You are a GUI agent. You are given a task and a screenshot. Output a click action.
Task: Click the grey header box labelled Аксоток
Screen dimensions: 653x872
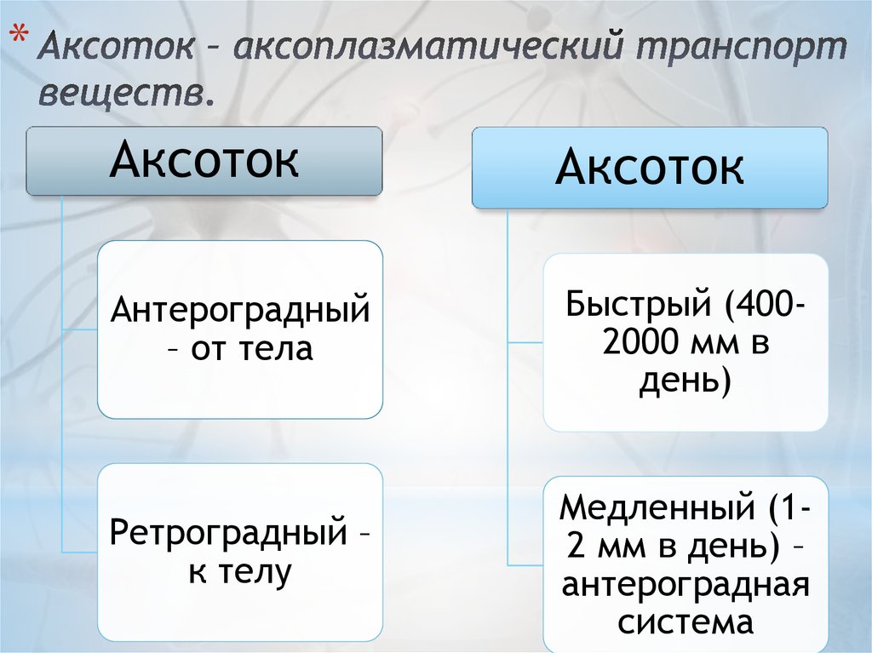[204, 161]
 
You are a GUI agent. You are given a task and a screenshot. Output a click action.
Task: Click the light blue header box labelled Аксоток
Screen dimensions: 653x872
[650, 168]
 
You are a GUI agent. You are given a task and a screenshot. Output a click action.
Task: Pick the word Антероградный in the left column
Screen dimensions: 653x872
[240, 310]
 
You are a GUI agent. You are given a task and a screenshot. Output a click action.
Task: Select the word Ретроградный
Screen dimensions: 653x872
[228, 534]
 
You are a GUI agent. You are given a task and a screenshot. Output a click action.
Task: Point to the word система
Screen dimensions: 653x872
[685, 622]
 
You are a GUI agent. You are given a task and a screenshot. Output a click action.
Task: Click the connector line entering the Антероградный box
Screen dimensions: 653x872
[80, 329]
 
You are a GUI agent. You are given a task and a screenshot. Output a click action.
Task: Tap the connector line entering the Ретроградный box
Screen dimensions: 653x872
[80, 553]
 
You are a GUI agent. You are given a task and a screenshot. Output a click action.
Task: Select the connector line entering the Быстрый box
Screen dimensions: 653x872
[525, 342]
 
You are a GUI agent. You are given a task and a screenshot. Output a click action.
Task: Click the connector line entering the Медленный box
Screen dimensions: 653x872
[525, 565]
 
